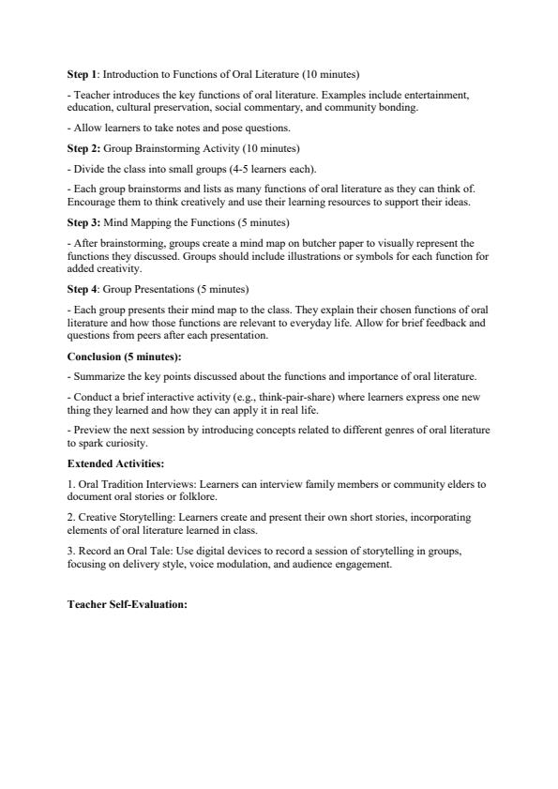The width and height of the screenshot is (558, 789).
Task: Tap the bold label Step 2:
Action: pos(83,149)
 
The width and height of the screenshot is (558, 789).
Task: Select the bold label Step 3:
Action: pos(83,222)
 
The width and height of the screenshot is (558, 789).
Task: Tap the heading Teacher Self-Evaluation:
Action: pos(128,604)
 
